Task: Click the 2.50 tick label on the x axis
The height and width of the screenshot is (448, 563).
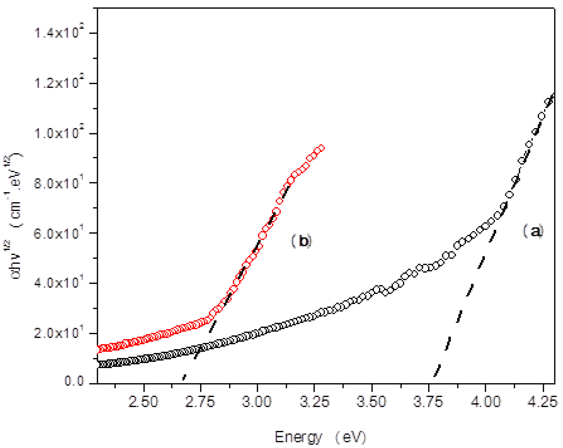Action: [143, 402]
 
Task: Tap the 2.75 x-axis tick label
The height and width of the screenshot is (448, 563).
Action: [200, 402]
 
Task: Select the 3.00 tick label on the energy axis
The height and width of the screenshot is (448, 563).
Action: [257, 402]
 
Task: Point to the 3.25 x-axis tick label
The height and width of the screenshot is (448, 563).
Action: [314, 402]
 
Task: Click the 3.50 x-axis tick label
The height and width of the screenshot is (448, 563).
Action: [371, 402]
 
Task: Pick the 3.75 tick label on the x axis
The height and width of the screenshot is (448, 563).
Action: [428, 402]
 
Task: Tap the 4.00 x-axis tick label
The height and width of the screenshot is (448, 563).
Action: [486, 402]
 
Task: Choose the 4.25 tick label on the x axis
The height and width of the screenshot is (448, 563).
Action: [542, 402]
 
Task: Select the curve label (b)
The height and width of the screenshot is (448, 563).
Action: [302, 241]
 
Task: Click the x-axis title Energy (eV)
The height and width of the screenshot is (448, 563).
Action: [320, 437]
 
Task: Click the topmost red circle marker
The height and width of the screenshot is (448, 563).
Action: [321, 148]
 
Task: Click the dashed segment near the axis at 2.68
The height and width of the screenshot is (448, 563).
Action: [184, 377]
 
